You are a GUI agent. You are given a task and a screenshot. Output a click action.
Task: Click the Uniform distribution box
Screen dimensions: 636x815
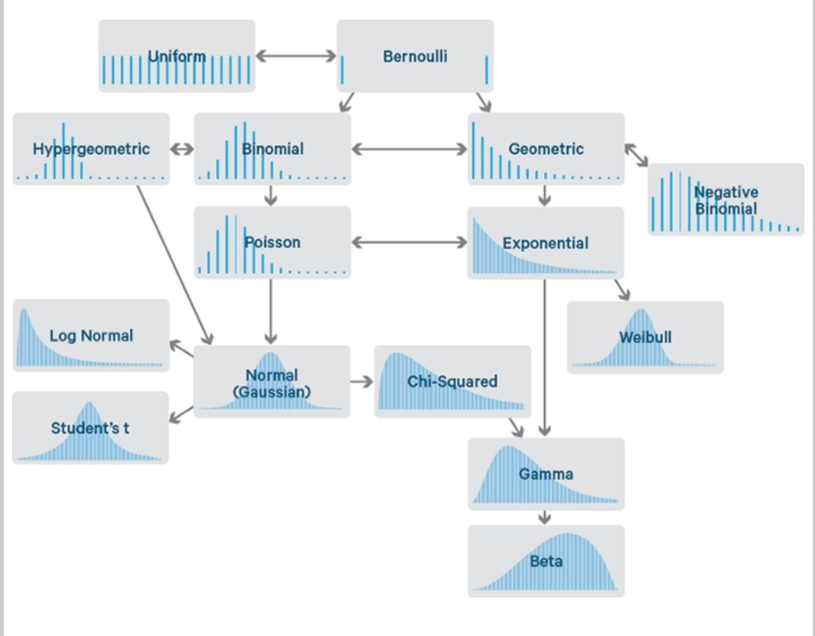click(x=177, y=57)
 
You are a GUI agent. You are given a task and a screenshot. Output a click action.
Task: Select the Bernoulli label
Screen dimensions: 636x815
click(x=415, y=57)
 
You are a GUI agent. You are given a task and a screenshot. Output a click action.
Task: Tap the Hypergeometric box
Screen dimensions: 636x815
click(x=91, y=149)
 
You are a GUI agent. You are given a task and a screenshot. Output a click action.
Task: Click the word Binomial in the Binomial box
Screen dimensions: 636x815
click(x=273, y=149)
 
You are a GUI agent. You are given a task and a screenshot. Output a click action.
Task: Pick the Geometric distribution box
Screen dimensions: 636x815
click(x=546, y=149)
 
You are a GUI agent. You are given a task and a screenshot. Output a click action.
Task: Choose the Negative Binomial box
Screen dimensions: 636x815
click(x=726, y=200)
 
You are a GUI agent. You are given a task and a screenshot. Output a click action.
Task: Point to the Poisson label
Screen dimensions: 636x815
click(x=272, y=242)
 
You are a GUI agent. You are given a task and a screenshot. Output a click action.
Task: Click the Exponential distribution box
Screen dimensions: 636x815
click(x=546, y=243)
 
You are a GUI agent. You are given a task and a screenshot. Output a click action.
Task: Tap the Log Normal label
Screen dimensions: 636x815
click(x=91, y=336)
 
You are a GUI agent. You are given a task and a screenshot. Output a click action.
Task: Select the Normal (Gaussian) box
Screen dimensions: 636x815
click(x=272, y=382)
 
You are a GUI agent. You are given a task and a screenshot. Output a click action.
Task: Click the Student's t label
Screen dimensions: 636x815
click(x=91, y=428)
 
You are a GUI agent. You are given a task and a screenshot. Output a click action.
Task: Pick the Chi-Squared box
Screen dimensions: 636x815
click(x=453, y=382)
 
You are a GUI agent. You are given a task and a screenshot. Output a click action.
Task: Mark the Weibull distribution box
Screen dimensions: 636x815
click(x=645, y=337)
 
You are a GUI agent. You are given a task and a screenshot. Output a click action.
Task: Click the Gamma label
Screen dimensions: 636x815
click(x=546, y=474)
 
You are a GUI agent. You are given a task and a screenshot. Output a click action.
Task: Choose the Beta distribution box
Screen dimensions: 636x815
click(x=546, y=561)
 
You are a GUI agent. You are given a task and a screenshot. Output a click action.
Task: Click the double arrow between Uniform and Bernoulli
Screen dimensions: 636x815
click(x=296, y=56)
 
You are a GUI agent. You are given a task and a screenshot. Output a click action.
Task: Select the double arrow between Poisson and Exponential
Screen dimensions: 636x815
click(x=409, y=242)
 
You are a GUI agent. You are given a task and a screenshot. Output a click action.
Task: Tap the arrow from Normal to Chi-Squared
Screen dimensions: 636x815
click(x=362, y=382)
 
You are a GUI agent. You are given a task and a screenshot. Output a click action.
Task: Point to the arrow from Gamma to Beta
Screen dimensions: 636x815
click(x=545, y=518)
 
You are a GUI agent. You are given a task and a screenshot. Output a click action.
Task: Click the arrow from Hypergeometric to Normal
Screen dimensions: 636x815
click(x=174, y=264)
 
